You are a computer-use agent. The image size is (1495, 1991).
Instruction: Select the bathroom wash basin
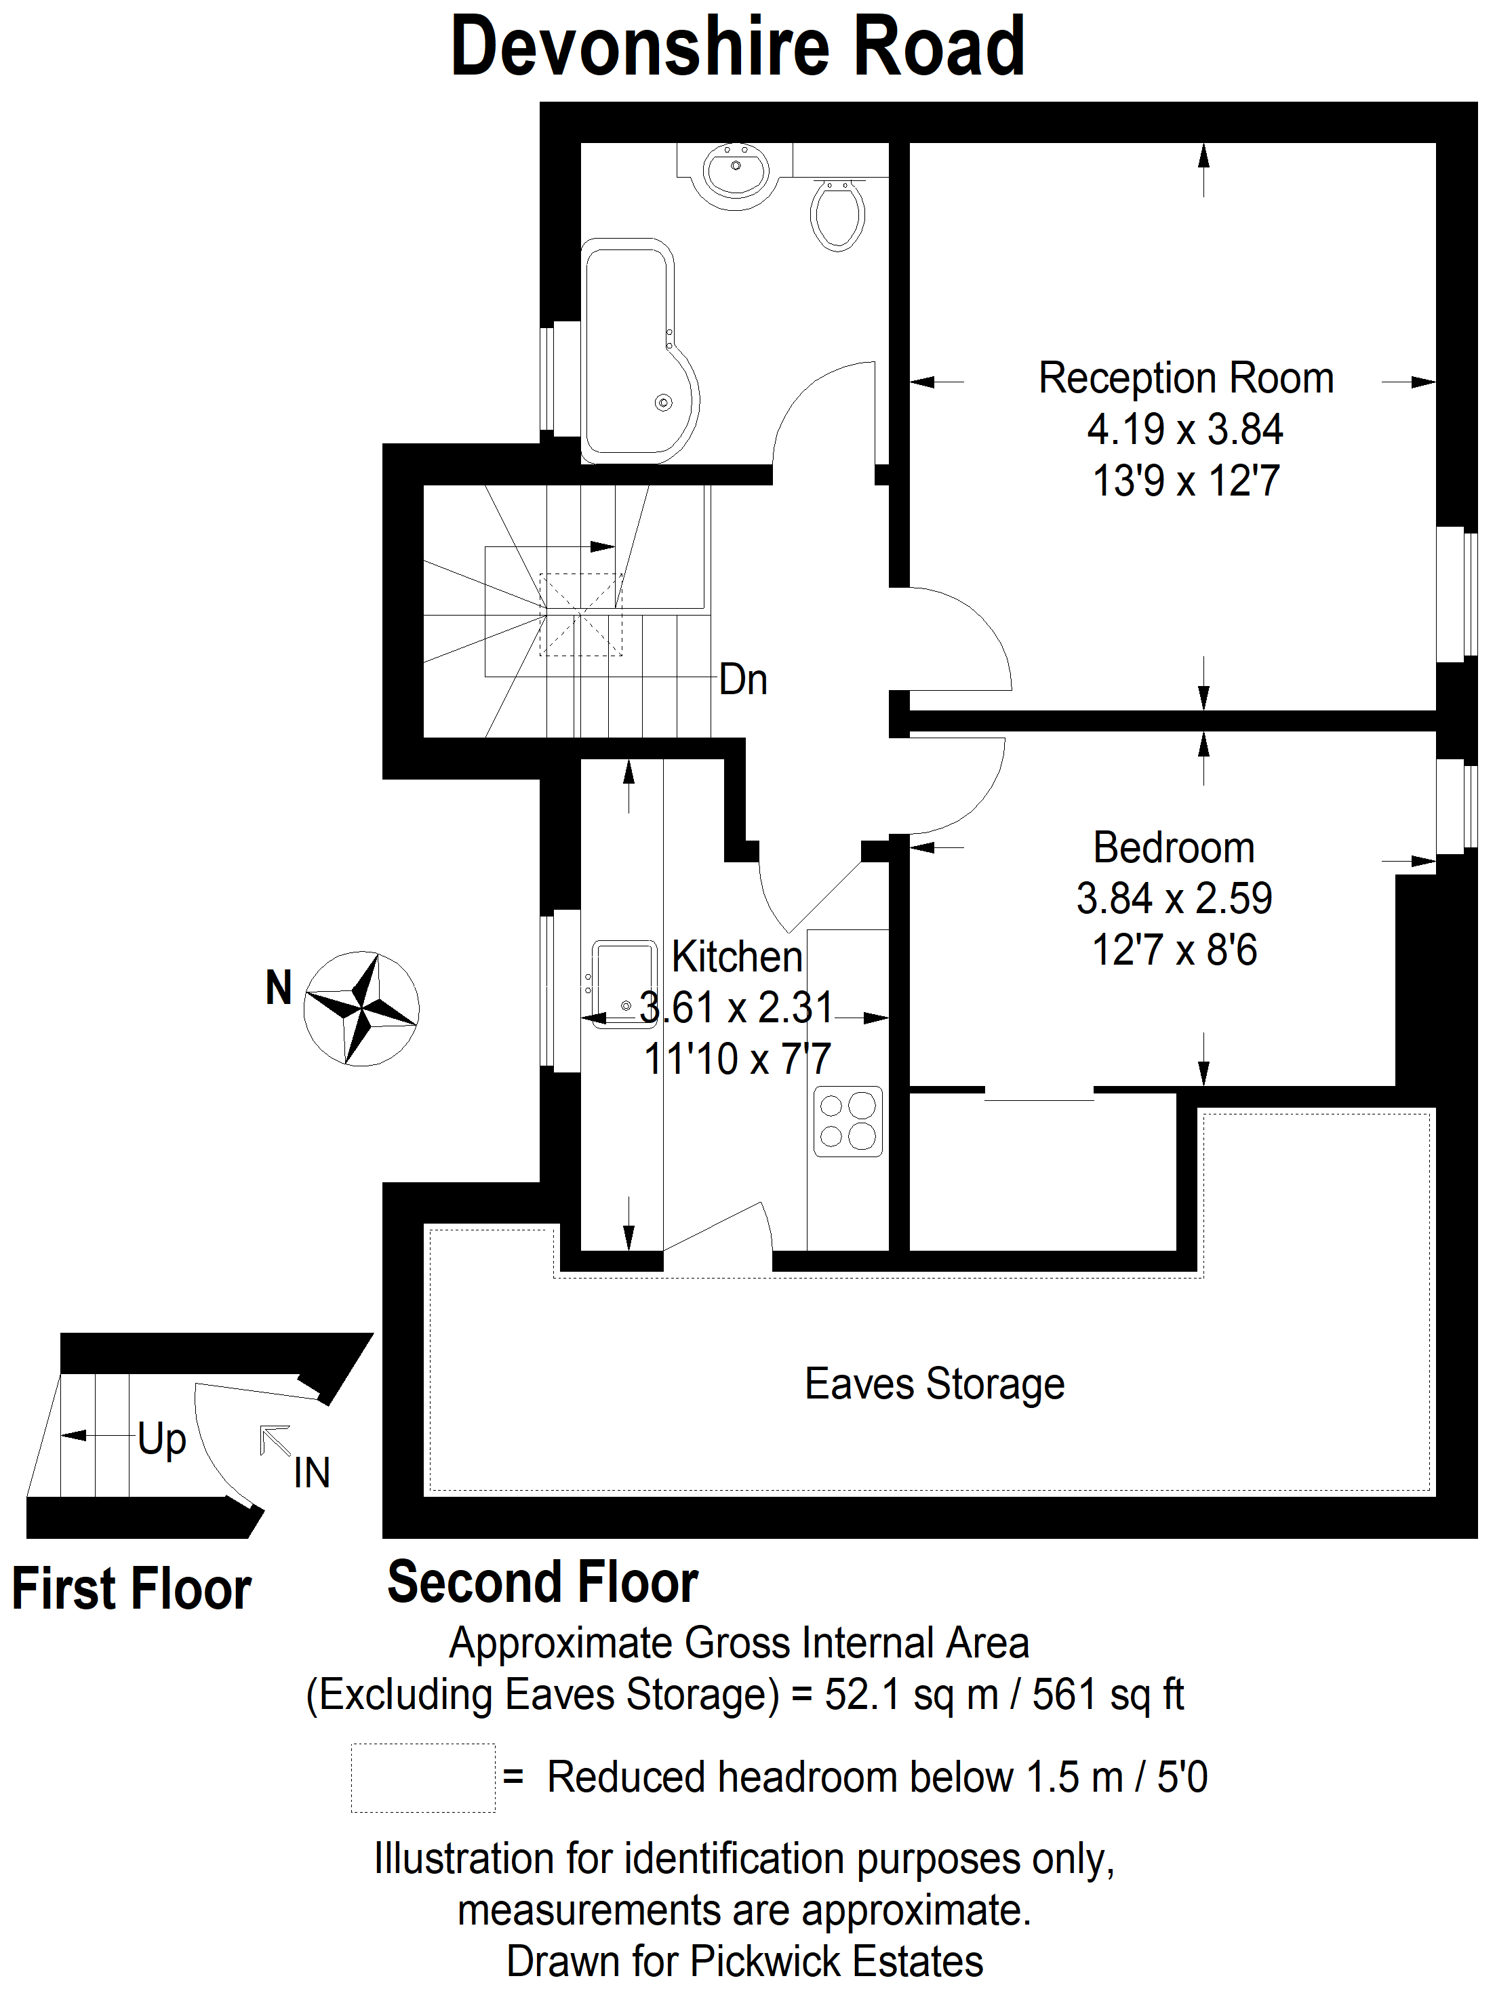coord(736,173)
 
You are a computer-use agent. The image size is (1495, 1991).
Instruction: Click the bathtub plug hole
coord(663,403)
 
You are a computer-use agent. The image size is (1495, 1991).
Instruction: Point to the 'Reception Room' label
coord(1185,378)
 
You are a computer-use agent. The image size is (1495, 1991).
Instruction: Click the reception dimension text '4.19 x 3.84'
coord(1184,429)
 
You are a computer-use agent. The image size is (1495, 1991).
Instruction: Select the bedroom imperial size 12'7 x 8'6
coord(1174,950)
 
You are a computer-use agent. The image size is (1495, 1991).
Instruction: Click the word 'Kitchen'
coord(737,956)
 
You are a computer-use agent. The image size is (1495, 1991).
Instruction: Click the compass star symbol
coord(361,1008)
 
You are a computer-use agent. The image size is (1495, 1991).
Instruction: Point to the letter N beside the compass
coord(279,988)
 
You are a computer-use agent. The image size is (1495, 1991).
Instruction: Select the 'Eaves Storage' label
coord(934,1384)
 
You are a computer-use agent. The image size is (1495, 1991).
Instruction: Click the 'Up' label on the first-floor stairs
coord(162,1439)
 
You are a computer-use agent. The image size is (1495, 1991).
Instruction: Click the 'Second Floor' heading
coord(542,1582)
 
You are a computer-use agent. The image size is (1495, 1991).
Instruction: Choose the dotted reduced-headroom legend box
coord(423,1777)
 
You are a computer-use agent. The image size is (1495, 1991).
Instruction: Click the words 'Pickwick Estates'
coord(836,1961)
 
